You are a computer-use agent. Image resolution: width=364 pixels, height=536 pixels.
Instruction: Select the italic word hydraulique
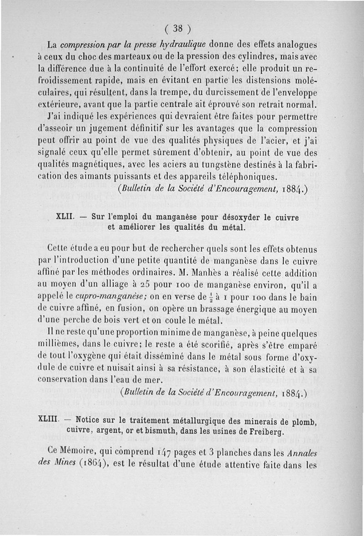point(182,45)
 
